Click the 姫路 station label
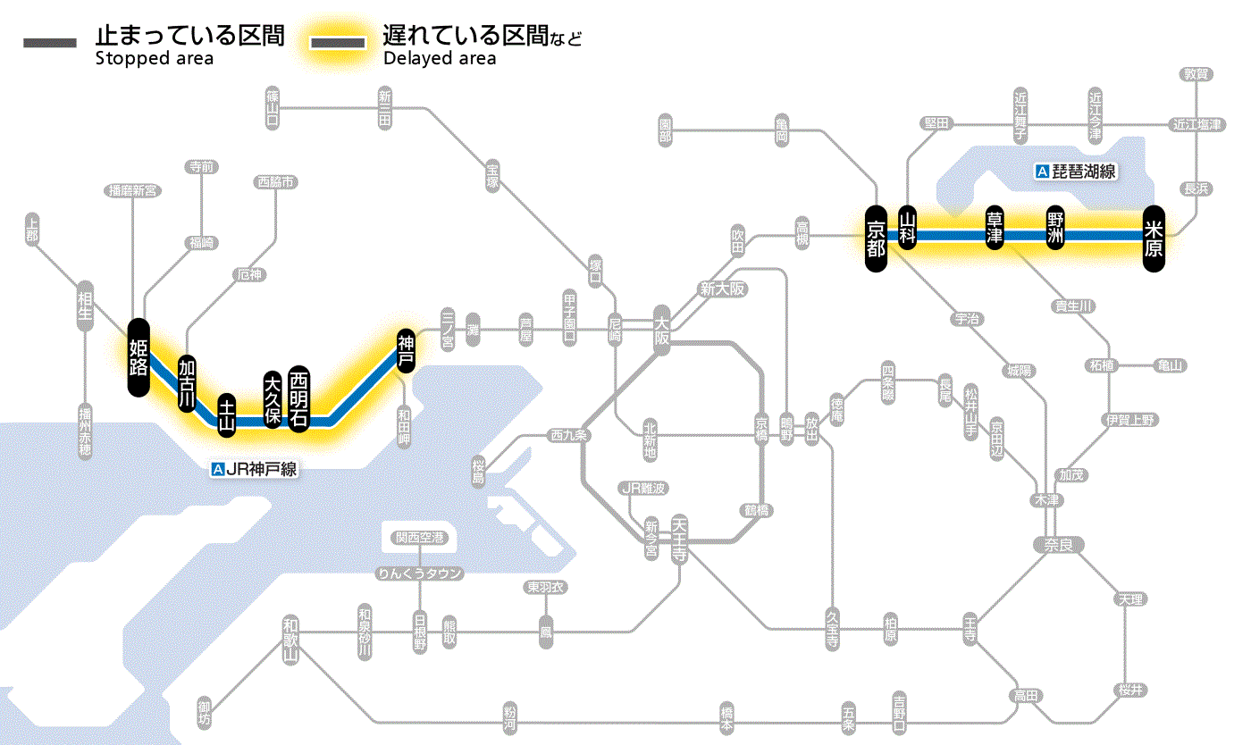[138, 356]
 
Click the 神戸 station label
[406, 351]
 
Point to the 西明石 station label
[299, 398]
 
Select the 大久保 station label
[273, 398]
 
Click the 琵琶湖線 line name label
[1076, 172]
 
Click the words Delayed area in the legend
[440, 59]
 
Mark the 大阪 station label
[661, 326]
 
